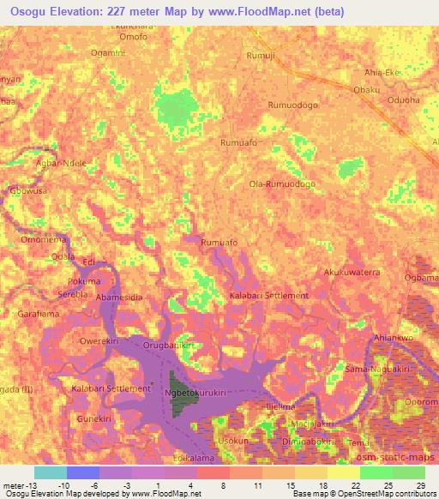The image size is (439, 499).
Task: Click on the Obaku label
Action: pyautogui.click(x=366, y=89)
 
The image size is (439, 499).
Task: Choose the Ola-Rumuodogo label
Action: pyautogui.click(x=281, y=183)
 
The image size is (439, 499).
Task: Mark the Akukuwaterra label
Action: pyautogui.click(x=351, y=272)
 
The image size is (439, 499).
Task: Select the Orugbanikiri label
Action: pyautogui.click(x=169, y=346)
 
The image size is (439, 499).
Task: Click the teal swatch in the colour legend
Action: pyautogui.click(x=51, y=472)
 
